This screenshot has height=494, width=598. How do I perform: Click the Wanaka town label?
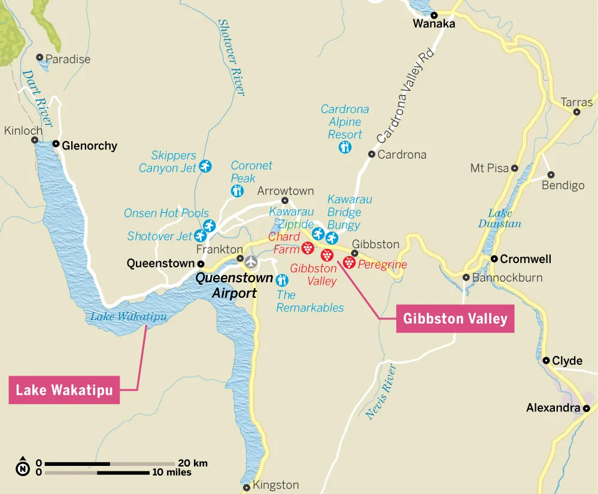[x=434, y=24]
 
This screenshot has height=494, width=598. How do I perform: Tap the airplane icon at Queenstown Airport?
[x=250, y=261]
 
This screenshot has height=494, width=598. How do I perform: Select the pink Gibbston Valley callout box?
[x=455, y=319]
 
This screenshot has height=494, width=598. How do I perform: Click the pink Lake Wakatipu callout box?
[x=65, y=390]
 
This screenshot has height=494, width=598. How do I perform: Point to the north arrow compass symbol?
[x=23, y=468]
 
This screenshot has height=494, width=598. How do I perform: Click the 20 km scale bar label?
[x=193, y=463]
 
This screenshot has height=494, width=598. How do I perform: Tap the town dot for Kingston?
[x=247, y=488]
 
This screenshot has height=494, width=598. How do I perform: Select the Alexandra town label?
[x=553, y=408]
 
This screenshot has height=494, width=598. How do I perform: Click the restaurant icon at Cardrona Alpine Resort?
[x=345, y=147]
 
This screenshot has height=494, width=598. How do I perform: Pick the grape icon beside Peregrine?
[x=350, y=262]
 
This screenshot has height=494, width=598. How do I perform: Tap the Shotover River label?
[x=231, y=57]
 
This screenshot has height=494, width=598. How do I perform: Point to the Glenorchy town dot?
[x=56, y=144]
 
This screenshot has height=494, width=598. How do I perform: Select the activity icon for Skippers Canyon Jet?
[x=206, y=166]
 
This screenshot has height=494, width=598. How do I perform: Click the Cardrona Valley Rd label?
[x=405, y=97]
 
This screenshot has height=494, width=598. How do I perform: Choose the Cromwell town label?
[x=526, y=259]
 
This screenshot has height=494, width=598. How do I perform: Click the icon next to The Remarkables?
[x=281, y=279]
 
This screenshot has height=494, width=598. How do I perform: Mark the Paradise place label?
[x=68, y=59]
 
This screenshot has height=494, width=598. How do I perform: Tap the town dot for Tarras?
[x=577, y=111]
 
